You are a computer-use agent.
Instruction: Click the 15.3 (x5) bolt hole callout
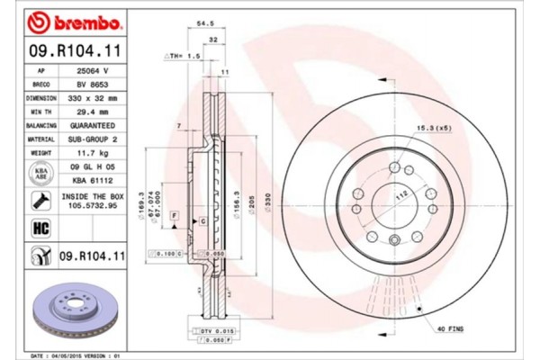[x=433, y=129]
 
